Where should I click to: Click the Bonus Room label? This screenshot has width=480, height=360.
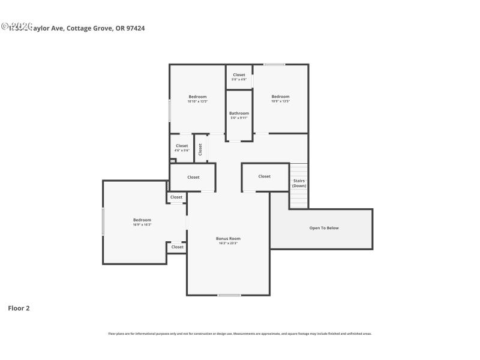[228, 238]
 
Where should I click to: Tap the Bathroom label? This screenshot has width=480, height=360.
[239, 113]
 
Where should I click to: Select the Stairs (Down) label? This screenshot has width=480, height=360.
[299, 183]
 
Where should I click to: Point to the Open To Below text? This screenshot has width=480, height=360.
[324, 228]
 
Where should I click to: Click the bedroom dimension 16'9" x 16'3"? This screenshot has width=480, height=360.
[142, 224]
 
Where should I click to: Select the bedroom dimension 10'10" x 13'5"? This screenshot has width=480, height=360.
[197, 101]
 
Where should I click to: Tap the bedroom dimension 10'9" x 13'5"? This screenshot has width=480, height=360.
[280, 101]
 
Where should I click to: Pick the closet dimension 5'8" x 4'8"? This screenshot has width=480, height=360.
[239, 79]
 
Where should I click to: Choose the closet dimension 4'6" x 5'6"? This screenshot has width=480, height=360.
[182, 150]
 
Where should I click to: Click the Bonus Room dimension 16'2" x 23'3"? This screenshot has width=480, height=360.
[228, 243]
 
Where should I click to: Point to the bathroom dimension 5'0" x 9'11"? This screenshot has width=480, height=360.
[239, 118]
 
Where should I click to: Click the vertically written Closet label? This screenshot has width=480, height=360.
[200, 149]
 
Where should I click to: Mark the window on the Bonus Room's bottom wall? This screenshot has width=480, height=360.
[229, 295]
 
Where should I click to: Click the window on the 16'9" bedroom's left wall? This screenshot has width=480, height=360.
[103, 221]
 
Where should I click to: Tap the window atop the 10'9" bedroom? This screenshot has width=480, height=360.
[274, 65]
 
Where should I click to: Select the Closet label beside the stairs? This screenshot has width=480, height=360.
[265, 176]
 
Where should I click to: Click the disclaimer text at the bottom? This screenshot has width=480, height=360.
[239, 334]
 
